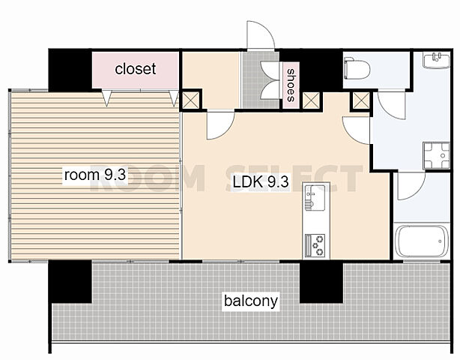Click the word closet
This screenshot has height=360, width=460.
136,69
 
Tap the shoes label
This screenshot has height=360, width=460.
291,85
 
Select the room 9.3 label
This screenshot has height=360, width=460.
95,175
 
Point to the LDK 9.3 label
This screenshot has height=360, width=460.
261,181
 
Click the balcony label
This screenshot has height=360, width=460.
251,301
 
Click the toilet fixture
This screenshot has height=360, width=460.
357,68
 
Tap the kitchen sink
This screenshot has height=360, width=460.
315,197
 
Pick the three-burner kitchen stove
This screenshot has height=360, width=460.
315,245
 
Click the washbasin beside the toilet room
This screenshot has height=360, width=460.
436,60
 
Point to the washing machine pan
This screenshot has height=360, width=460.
436,156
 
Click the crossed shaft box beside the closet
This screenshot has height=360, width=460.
191,100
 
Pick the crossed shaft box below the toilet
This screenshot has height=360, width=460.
361,100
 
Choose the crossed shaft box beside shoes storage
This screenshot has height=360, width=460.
311,100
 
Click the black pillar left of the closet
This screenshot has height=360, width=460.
70,70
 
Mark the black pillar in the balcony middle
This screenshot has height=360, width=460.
321,282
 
